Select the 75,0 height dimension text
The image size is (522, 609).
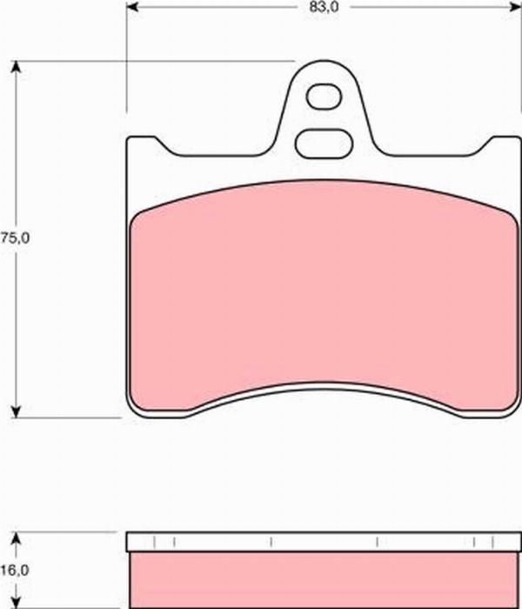point(16,238)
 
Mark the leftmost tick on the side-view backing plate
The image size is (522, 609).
point(153,543)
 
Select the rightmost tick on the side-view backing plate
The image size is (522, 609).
point(489,543)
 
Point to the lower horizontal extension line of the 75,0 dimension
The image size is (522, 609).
point(70,417)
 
